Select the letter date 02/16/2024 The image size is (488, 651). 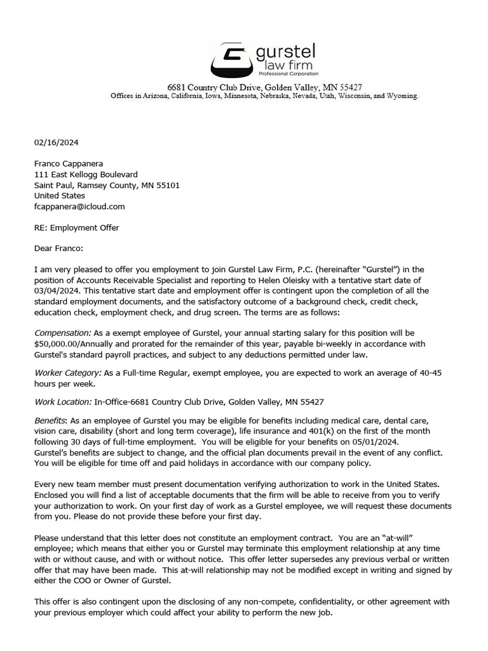click(x=57, y=142)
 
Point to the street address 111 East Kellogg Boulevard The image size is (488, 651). click(x=86, y=174)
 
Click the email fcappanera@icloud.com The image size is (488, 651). click(x=79, y=207)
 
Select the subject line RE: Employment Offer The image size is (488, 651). click(x=76, y=228)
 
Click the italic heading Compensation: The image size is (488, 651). click(x=63, y=333)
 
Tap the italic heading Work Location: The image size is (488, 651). click(x=63, y=402)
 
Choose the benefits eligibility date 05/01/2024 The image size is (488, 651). click(x=314, y=442)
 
